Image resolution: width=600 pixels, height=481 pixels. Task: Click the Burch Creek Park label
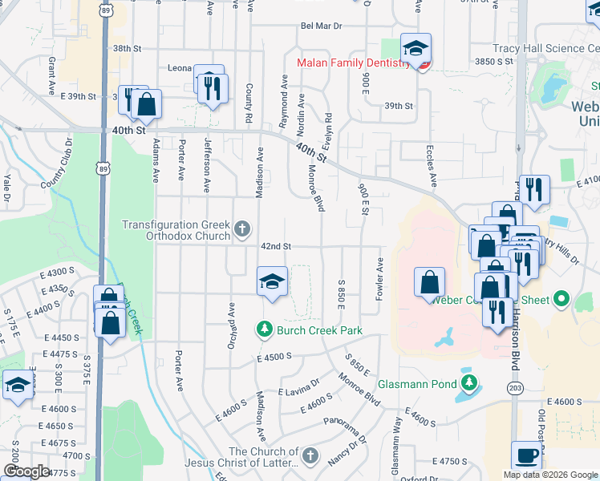click(x=319, y=330)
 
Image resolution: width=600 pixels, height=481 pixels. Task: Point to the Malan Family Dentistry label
click(x=354, y=62)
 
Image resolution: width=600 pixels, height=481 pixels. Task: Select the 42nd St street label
click(x=274, y=246)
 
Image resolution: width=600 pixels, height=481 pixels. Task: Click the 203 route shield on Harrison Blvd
click(x=514, y=388)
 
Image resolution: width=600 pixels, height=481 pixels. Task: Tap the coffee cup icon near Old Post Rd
click(x=526, y=455)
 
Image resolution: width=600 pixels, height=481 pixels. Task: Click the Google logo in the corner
click(x=26, y=471)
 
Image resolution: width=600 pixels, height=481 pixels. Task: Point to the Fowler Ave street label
click(x=379, y=279)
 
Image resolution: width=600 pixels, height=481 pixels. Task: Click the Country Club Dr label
click(x=56, y=165)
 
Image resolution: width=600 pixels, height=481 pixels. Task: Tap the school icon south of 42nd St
click(x=272, y=281)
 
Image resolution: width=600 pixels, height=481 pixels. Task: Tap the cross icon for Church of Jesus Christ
click(x=310, y=458)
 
